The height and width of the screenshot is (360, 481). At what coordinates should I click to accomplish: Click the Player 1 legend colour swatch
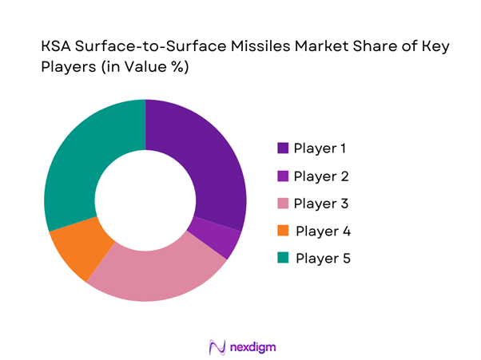(283, 148)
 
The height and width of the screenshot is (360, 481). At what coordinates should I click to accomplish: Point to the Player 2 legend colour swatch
(283, 176)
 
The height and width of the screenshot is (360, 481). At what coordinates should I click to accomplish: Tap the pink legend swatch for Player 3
(283, 204)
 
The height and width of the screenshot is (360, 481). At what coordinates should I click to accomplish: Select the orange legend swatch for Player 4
(283, 231)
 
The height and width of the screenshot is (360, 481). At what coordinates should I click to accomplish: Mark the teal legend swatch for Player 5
(283, 259)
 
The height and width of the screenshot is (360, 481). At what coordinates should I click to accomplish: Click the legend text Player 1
(321, 148)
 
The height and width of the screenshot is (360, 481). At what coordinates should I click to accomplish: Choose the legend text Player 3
(321, 204)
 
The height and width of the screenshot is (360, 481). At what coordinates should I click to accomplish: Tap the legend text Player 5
(323, 259)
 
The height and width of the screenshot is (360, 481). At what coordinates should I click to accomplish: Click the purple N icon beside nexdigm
(215, 347)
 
